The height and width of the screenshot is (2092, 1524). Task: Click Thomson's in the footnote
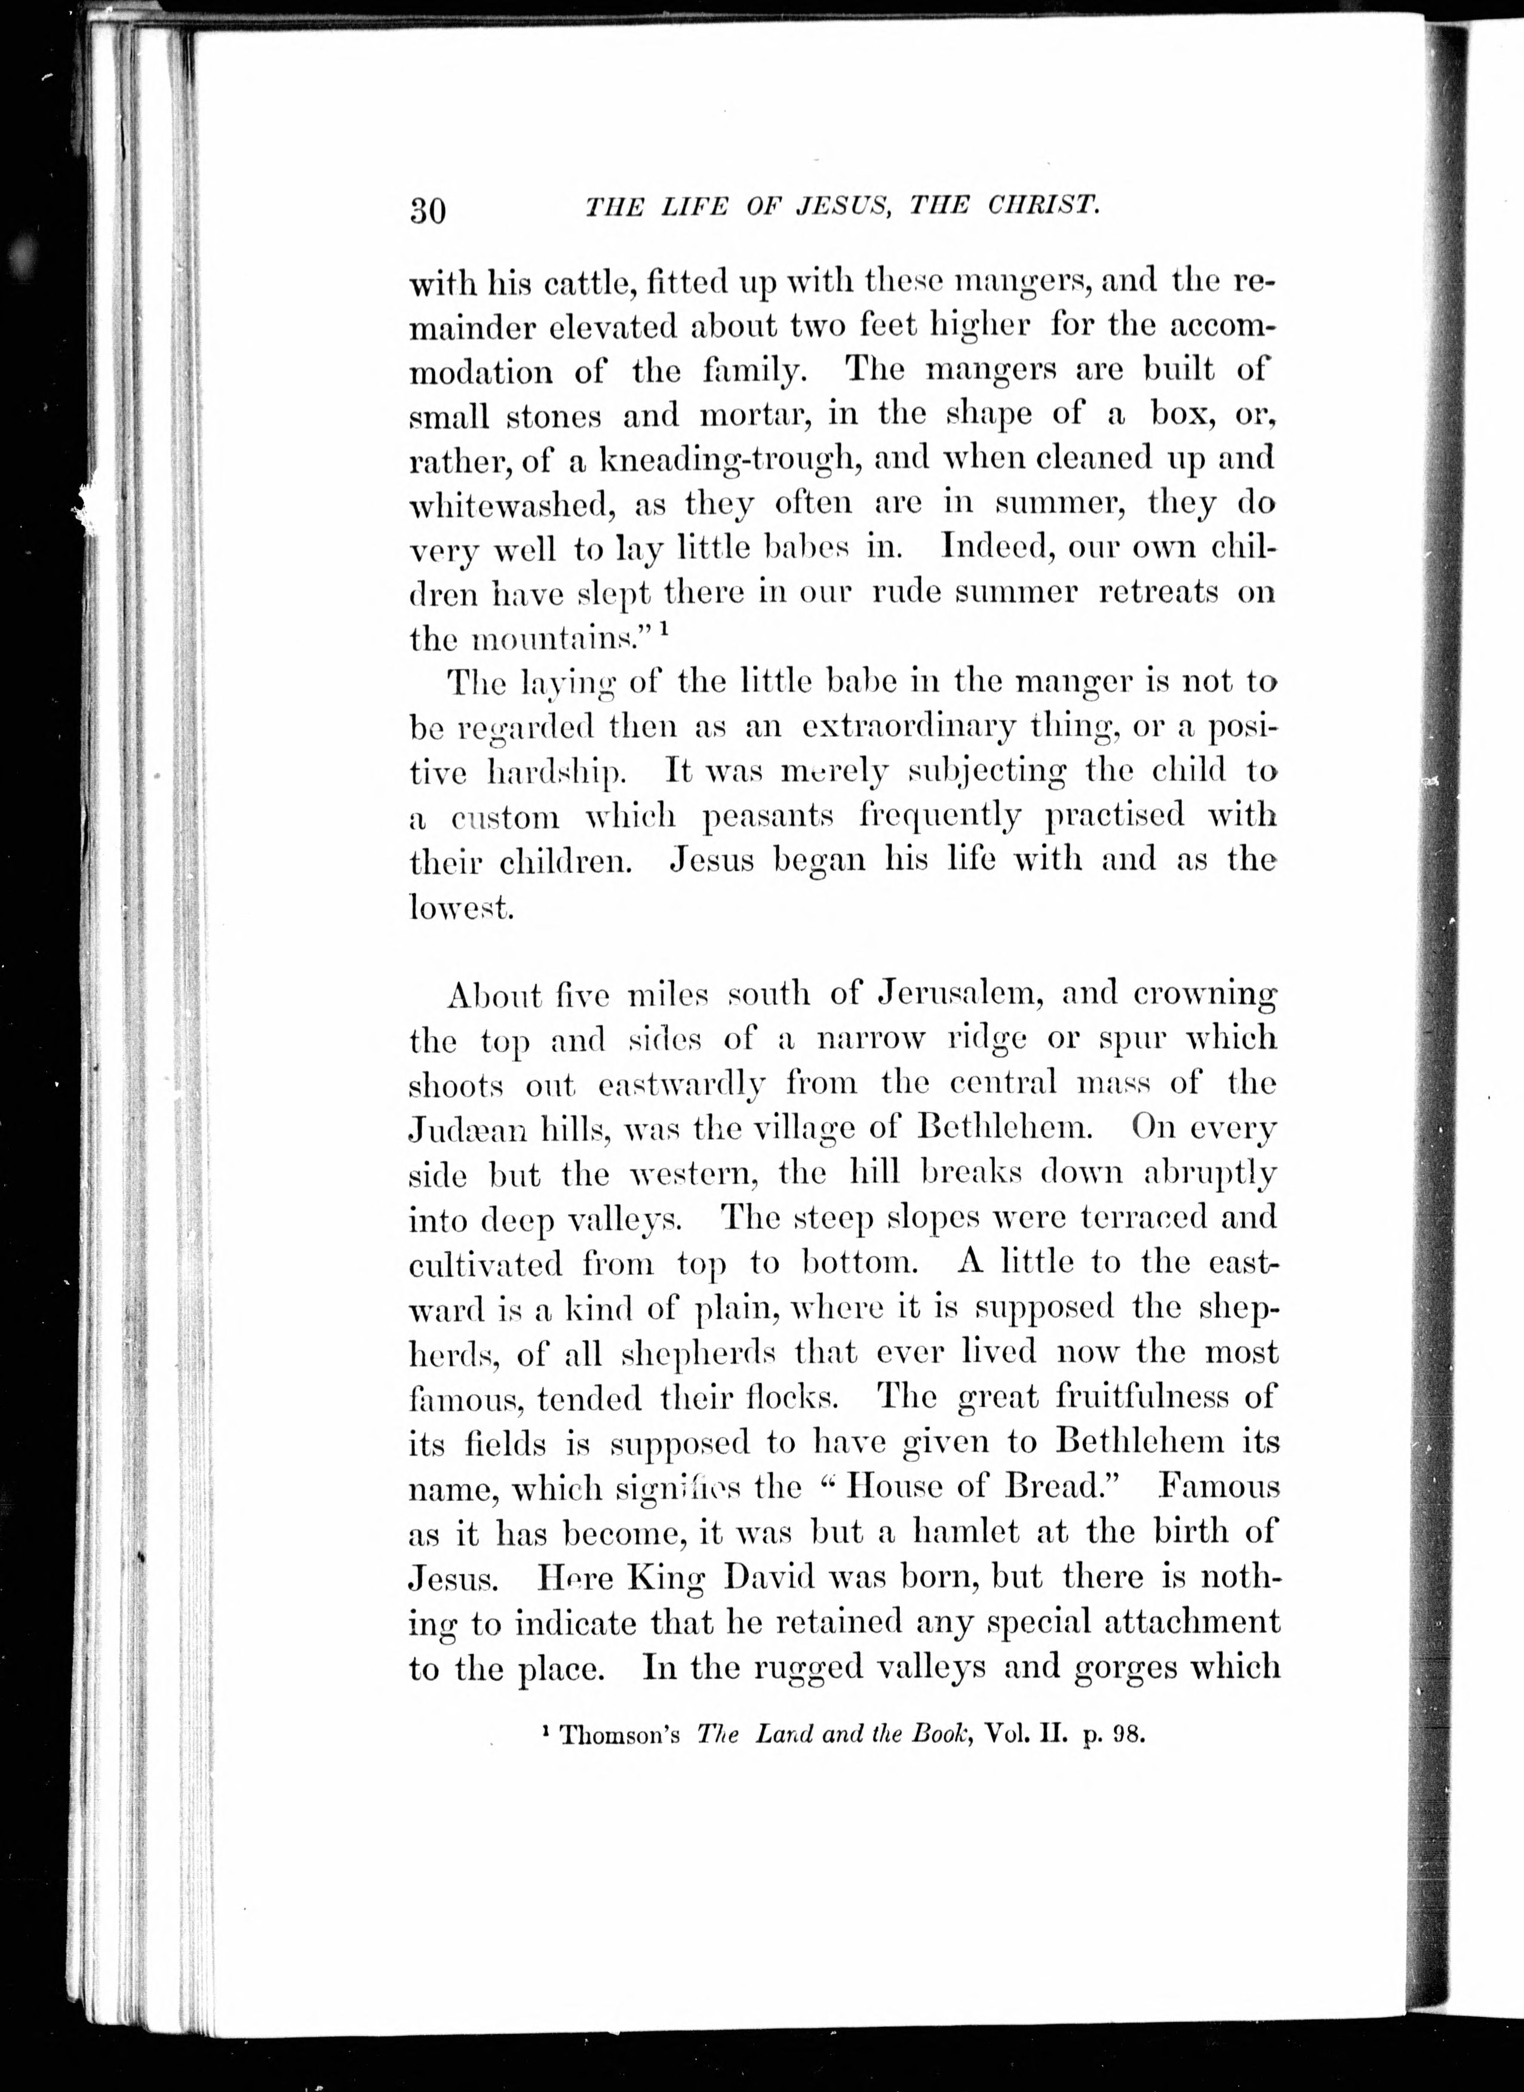pyautogui.click(x=620, y=1735)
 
